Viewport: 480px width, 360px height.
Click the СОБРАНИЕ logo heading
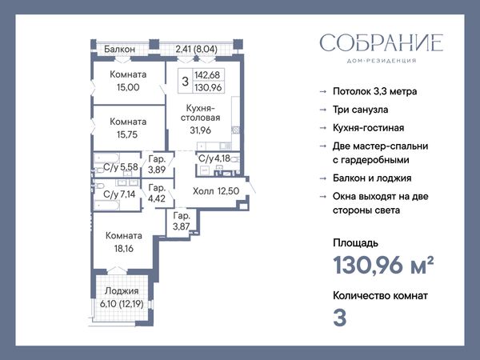pos(382,42)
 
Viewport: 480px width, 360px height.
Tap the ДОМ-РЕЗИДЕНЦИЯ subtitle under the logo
pos(382,61)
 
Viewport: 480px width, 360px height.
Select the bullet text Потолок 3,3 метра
pos(374,91)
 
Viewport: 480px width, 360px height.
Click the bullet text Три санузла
pos(360,110)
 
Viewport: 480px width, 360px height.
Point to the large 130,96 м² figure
pos(383,265)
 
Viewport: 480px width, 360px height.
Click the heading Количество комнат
pos(380,296)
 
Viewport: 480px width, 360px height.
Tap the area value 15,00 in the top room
pos(128,87)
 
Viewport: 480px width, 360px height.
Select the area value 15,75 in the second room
pos(127,134)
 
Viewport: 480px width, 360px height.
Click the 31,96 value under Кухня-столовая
pos(201,130)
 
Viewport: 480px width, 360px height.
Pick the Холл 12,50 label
pos(216,191)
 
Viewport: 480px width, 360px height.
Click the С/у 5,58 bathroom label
pos(121,167)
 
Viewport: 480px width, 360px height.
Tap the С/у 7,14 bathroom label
pos(119,194)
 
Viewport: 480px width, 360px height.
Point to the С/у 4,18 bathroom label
pos(214,158)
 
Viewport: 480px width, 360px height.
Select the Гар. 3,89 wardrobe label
pos(157,164)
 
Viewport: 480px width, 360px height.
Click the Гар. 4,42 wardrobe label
pos(157,193)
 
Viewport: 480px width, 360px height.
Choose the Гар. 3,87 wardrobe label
pos(182,221)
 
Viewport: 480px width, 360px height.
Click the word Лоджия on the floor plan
pos(122,291)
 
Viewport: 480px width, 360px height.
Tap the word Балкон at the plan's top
pos(119,49)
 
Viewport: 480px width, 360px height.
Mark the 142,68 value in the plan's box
pos(207,75)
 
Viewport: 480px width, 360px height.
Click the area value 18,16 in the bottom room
pos(124,248)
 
